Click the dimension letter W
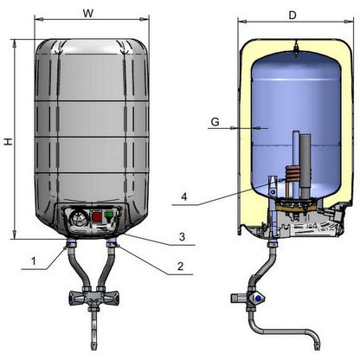(88, 13)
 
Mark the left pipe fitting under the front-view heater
(67, 247)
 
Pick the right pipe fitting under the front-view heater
(112, 247)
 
